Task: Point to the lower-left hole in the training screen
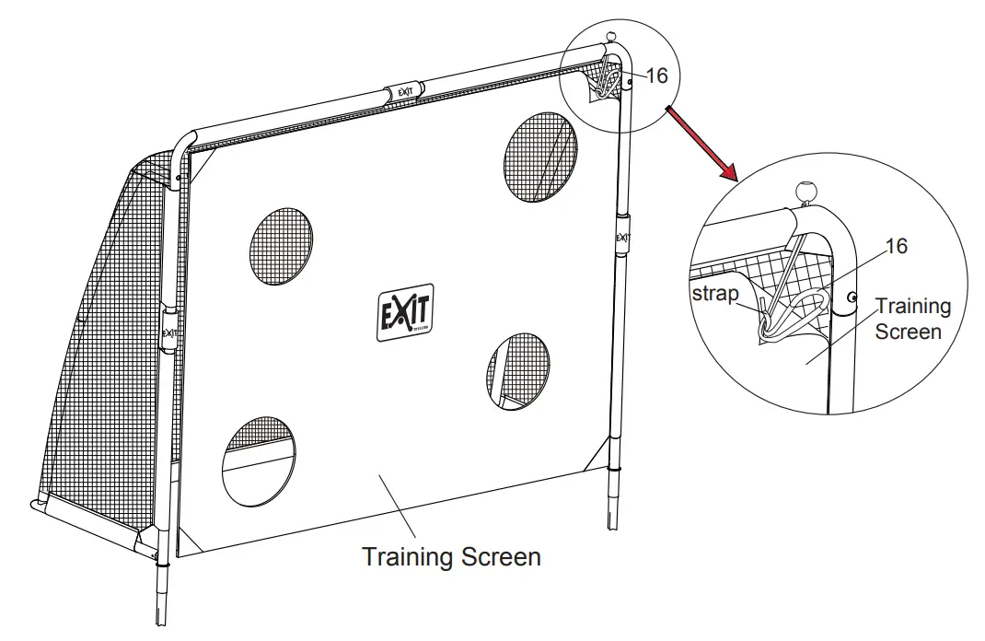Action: coord(261,460)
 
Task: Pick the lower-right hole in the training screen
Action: coord(518,371)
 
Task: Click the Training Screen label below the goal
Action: coord(451,557)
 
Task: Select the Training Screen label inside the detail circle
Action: coord(912,318)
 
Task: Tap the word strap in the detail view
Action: coord(715,293)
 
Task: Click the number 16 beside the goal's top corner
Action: coord(656,76)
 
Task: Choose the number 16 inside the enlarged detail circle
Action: coord(896,246)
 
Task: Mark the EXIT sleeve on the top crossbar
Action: coord(405,91)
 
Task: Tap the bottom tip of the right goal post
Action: coord(611,522)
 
